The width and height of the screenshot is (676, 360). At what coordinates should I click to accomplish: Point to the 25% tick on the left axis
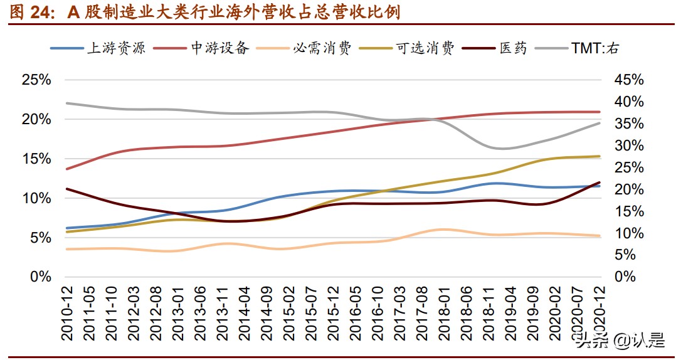pyautogui.click(x=36, y=80)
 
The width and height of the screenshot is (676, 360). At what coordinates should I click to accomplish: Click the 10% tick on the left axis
pyautogui.click(x=36, y=198)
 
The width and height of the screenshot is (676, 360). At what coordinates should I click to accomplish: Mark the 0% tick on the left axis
pyautogui.click(x=40, y=277)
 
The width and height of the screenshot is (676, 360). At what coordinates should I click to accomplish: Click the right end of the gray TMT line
pyautogui.click(x=599, y=123)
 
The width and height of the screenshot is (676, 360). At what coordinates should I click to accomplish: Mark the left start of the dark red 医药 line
pyautogui.click(x=66, y=189)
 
